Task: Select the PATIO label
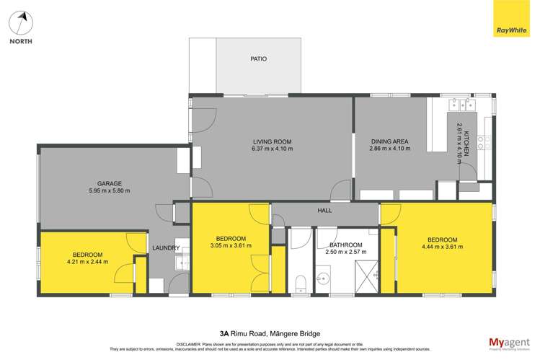coord(258,59)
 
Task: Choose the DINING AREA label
coord(389,141)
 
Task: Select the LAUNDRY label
coord(166,248)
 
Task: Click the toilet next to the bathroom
coord(301,281)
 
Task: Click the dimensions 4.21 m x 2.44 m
coord(87,262)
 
